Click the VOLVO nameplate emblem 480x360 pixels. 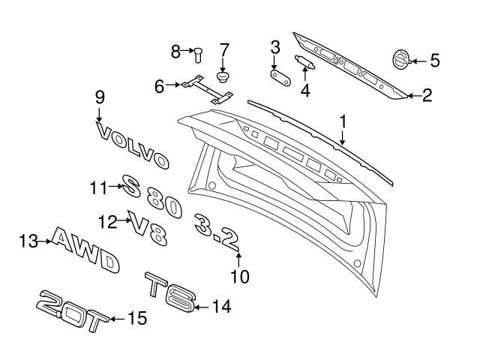[132, 145]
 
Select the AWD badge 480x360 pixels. [85, 250]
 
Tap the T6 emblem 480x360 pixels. [170, 292]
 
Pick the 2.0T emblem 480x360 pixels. [72, 310]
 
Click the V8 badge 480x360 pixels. [148, 228]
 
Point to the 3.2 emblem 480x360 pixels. [217, 232]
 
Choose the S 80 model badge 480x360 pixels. [151, 196]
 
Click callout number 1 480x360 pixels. [343, 121]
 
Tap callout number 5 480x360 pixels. [435, 60]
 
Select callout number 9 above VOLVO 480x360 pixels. [100, 97]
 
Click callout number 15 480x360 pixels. [137, 318]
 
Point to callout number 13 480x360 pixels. [28, 241]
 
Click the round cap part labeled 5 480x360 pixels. [400, 60]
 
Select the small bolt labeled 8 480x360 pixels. [198, 55]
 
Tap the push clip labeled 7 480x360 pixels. [223, 76]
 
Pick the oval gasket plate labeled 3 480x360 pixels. [280, 78]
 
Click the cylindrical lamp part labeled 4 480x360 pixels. [304, 61]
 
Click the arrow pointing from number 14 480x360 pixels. [203, 307]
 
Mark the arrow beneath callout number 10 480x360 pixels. [238, 259]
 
